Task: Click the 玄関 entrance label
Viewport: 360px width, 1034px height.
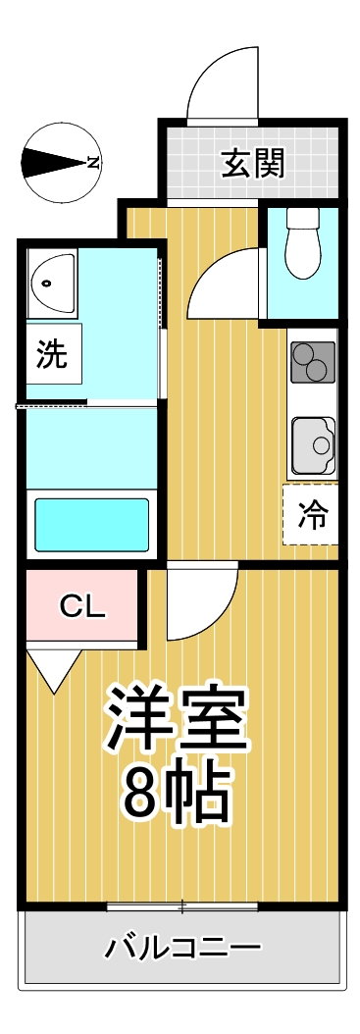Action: pyautogui.click(x=251, y=164)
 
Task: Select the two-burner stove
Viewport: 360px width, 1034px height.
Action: pyautogui.click(x=313, y=360)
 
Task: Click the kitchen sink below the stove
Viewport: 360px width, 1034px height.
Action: pyautogui.click(x=313, y=446)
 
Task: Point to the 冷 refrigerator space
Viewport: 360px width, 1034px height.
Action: pyautogui.click(x=311, y=514)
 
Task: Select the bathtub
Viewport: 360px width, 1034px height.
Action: pyautogui.click(x=91, y=524)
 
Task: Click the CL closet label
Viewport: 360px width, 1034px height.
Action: pyautogui.click(x=82, y=607)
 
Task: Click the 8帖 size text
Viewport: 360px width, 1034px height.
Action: pyautogui.click(x=177, y=793)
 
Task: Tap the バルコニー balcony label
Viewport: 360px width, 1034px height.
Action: pyautogui.click(x=183, y=948)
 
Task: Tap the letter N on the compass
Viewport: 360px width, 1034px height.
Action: pyautogui.click(x=93, y=163)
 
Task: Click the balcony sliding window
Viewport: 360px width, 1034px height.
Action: pyautogui.click(x=181, y=905)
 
